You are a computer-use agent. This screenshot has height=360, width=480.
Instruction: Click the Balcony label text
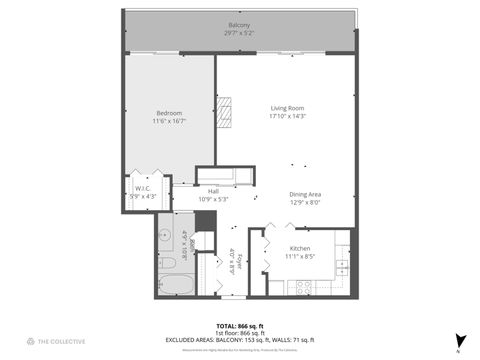(239, 25)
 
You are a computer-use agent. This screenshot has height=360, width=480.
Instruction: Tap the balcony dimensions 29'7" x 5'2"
(239, 33)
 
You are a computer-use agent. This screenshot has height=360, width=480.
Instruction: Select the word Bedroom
(168, 112)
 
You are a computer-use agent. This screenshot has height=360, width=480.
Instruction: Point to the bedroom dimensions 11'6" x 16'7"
(168, 121)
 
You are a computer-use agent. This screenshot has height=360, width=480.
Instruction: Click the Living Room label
(286, 108)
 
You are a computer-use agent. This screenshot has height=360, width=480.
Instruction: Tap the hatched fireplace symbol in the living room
(226, 113)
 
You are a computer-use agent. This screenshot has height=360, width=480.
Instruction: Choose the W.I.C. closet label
(142, 187)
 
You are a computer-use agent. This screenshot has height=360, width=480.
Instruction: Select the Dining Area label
(306, 195)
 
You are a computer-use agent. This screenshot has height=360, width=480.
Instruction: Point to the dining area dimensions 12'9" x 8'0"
(306, 203)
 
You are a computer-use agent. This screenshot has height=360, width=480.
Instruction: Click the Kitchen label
(300, 248)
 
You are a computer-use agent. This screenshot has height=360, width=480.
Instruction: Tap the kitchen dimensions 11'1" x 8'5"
(300, 256)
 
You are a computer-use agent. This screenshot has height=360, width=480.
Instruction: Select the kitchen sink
(342, 267)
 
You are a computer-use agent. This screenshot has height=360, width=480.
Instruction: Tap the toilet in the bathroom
(168, 263)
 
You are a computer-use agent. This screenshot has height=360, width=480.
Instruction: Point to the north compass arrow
(458, 341)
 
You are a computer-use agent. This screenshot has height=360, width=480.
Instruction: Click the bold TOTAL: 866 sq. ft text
(239, 326)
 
